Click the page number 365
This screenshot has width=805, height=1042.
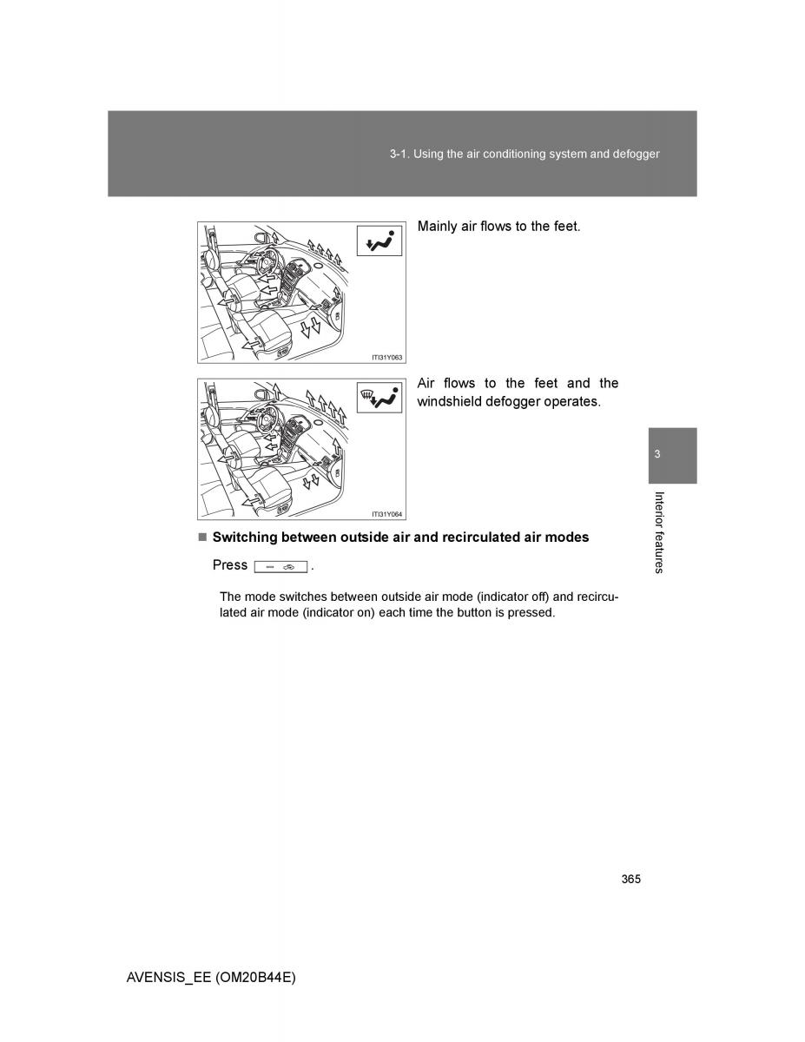[631, 880]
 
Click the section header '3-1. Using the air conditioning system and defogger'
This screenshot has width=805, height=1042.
[525, 154]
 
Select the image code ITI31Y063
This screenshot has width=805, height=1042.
[387, 357]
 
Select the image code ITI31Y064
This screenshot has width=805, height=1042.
[387, 514]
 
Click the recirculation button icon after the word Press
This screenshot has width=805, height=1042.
[280, 566]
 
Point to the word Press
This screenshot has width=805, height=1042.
[230, 565]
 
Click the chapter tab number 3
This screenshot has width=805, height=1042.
[657, 455]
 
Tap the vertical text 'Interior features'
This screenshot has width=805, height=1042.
[659, 532]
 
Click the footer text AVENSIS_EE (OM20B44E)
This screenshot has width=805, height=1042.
[211, 977]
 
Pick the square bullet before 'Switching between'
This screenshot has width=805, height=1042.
[201, 537]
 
